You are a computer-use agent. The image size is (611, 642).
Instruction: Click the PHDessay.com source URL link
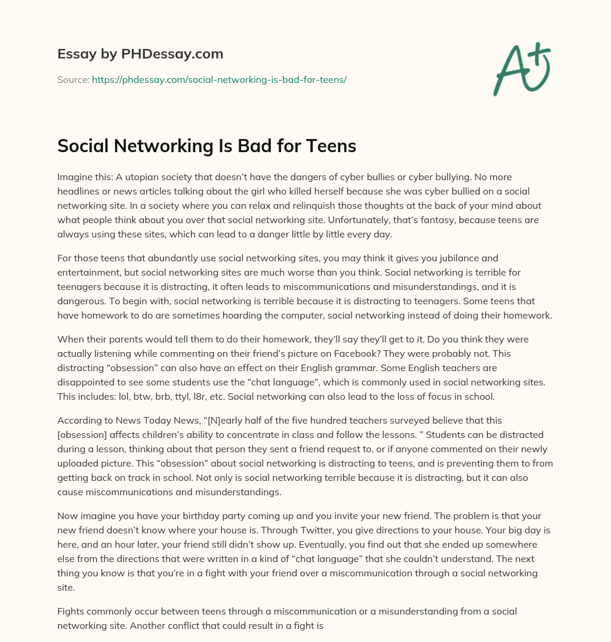219,79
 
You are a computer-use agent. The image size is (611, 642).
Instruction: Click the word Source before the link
73,79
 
